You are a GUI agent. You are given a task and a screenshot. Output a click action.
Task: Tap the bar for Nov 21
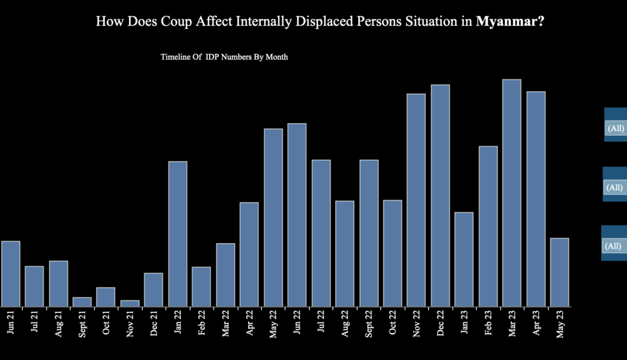(x=130, y=304)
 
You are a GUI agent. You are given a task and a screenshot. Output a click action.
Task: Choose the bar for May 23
(x=559, y=272)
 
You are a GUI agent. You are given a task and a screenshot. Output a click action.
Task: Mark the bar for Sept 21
(x=82, y=302)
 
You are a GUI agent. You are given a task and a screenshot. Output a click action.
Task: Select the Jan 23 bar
(x=464, y=259)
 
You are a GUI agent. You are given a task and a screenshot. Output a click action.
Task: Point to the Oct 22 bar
(x=392, y=253)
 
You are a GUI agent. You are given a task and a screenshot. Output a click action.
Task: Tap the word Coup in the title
(x=178, y=22)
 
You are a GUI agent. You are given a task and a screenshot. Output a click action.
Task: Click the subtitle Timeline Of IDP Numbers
(x=224, y=58)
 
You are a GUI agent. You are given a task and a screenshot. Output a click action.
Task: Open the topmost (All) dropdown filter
(x=615, y=128)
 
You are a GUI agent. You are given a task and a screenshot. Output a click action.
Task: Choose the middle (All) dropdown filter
(x=615, y=187)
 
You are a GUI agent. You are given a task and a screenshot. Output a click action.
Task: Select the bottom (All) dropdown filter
(x=613, y=246)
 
